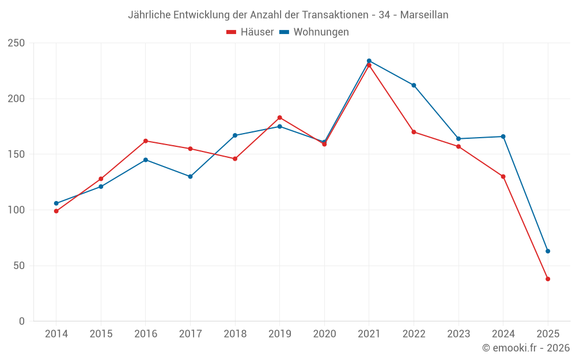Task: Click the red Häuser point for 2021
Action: tap(369, 65)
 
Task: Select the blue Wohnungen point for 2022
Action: tap(414, 85)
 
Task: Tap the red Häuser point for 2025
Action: tap(548, 279)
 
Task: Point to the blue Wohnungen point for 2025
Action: tap(548, 251)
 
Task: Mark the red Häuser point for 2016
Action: tap(146, 141)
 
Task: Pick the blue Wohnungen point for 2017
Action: tap(190, 176)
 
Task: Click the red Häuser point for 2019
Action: tap(280, 118)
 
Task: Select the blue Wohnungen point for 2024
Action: tap(503, 137)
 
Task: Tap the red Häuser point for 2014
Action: tap(56, 211)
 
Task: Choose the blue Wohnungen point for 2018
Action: tap(235, 135)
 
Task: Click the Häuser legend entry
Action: tap(250, 32)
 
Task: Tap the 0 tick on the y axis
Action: tap(22, 321)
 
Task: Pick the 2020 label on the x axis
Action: tap(324, 334)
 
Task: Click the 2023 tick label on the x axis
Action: tap(458, 334)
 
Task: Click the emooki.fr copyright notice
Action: tap(526, 348)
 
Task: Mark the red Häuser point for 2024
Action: tap(503, 176)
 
